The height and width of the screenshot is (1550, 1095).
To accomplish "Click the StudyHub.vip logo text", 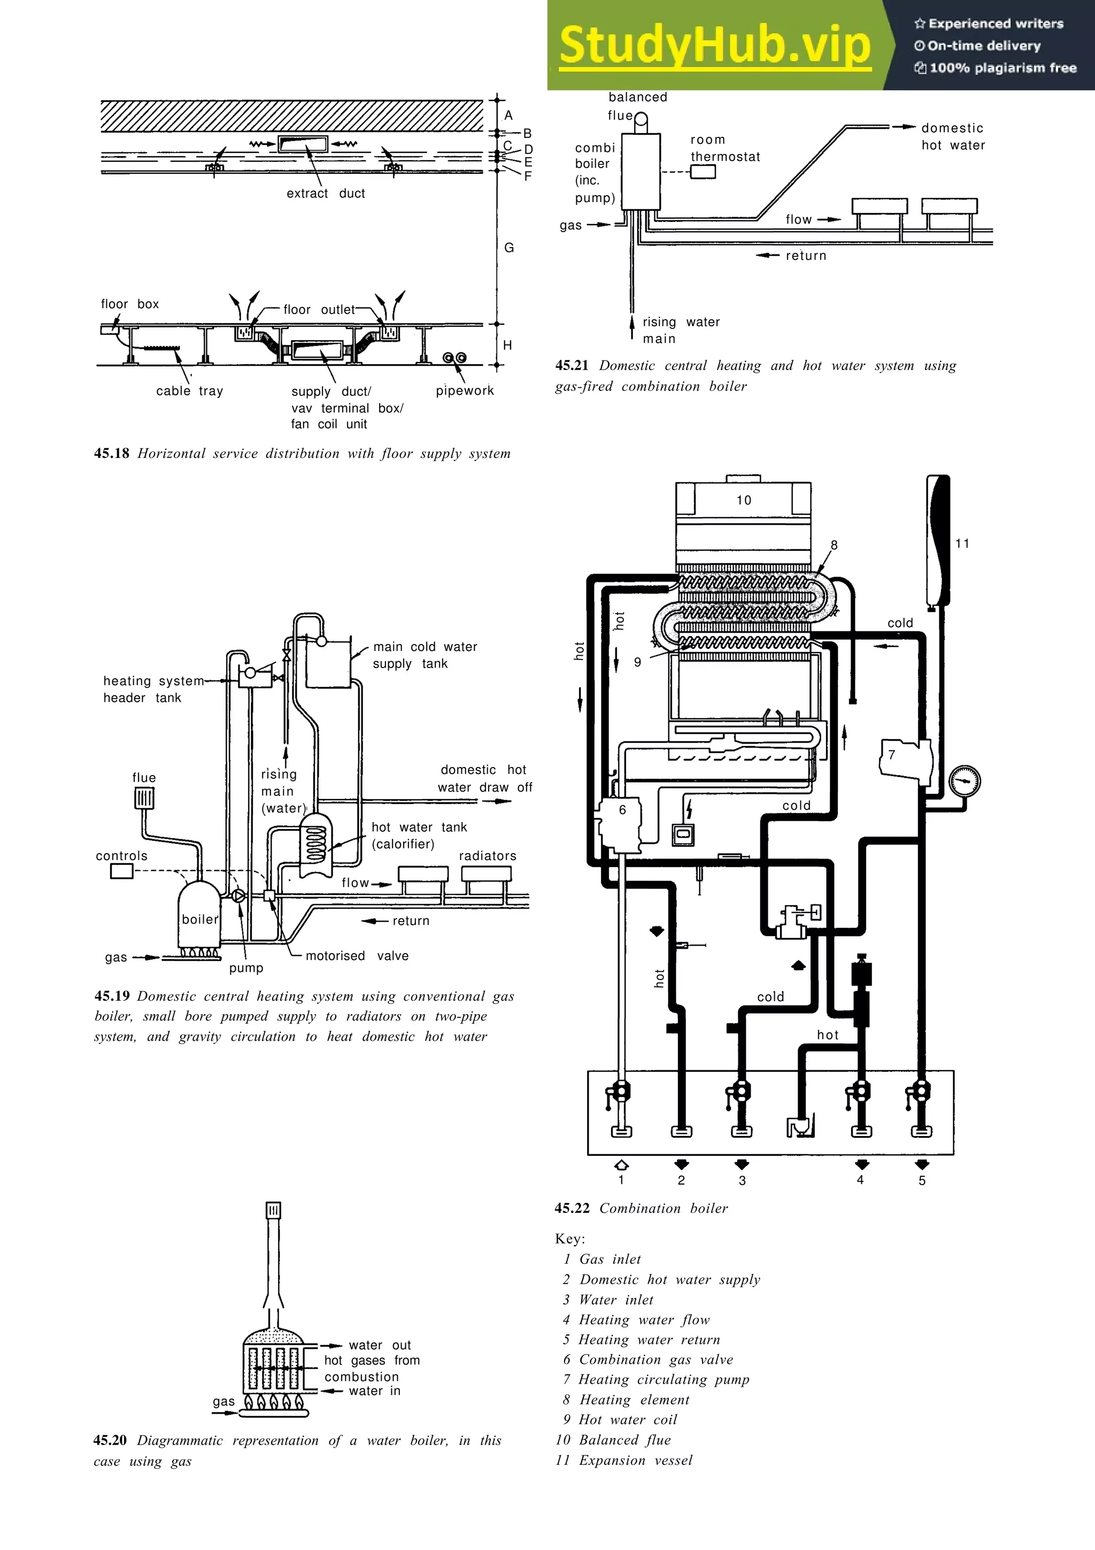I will (x=715, y=45).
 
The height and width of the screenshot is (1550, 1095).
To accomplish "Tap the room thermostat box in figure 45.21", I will (x=703, y=172).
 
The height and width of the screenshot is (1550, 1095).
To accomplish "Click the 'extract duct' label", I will (x=325, y=194).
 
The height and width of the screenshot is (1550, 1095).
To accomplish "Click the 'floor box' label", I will (x=129, y=304).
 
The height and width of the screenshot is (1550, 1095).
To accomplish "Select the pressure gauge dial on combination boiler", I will (x=964, y=782).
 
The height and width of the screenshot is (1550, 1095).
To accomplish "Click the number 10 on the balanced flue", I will (x=744, y=500).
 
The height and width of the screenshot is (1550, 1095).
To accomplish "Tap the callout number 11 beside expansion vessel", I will (x=962, y=543).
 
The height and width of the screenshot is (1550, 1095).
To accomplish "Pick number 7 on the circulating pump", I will (x=891, y=755).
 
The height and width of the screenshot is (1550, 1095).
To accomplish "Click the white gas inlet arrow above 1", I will (x=621, y=1164).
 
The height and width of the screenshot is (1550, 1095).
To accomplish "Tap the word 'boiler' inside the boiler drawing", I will (x=200, y=919).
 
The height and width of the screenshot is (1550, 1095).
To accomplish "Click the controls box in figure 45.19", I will (x=121, y=871).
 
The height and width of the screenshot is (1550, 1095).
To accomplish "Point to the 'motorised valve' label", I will (x=357, y=956).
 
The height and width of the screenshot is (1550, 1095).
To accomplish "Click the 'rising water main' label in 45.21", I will (x=680, y=330).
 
